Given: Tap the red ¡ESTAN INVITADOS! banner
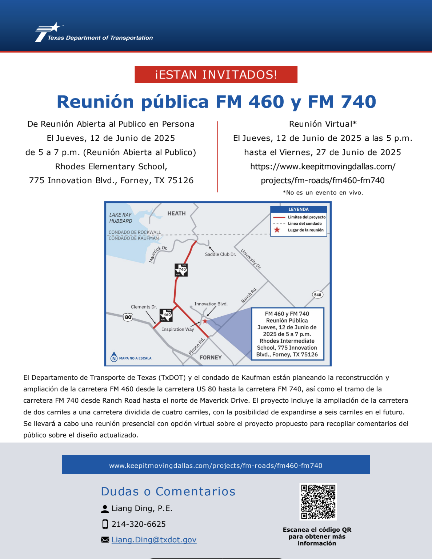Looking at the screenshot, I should coord(216,75).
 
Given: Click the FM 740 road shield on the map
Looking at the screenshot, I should coord(181,270).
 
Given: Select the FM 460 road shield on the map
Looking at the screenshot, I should coord(166,315).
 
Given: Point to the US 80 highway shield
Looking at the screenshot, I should coord(128,317).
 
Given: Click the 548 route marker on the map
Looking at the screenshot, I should coord(317,295).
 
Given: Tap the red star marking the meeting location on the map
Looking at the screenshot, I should coord(205,321).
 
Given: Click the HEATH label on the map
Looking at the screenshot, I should coord(176,213).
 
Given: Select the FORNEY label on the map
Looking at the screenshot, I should coord(211,357).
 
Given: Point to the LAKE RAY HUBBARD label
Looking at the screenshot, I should coord(121,218).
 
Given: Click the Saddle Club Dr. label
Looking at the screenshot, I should coord(220,254).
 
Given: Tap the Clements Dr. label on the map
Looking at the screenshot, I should coord(144,307).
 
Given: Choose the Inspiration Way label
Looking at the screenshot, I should coord(178,329).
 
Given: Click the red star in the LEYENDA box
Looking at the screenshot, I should coord(277,230).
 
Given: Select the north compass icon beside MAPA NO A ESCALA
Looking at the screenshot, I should coord(114,357).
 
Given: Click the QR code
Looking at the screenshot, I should coord(318,502).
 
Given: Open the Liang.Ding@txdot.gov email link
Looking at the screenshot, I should coord(154,540).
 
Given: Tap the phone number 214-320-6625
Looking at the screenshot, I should coord(139,524).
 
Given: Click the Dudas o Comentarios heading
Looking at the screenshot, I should coord(168,491).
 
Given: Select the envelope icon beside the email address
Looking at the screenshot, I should coord(105,540).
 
